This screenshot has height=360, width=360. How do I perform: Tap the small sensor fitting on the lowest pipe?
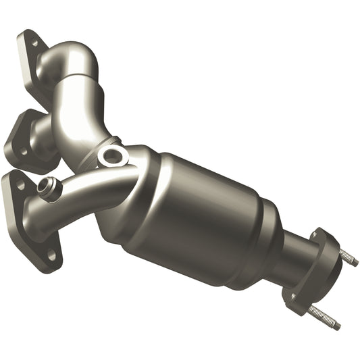click(x=48, y=186)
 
